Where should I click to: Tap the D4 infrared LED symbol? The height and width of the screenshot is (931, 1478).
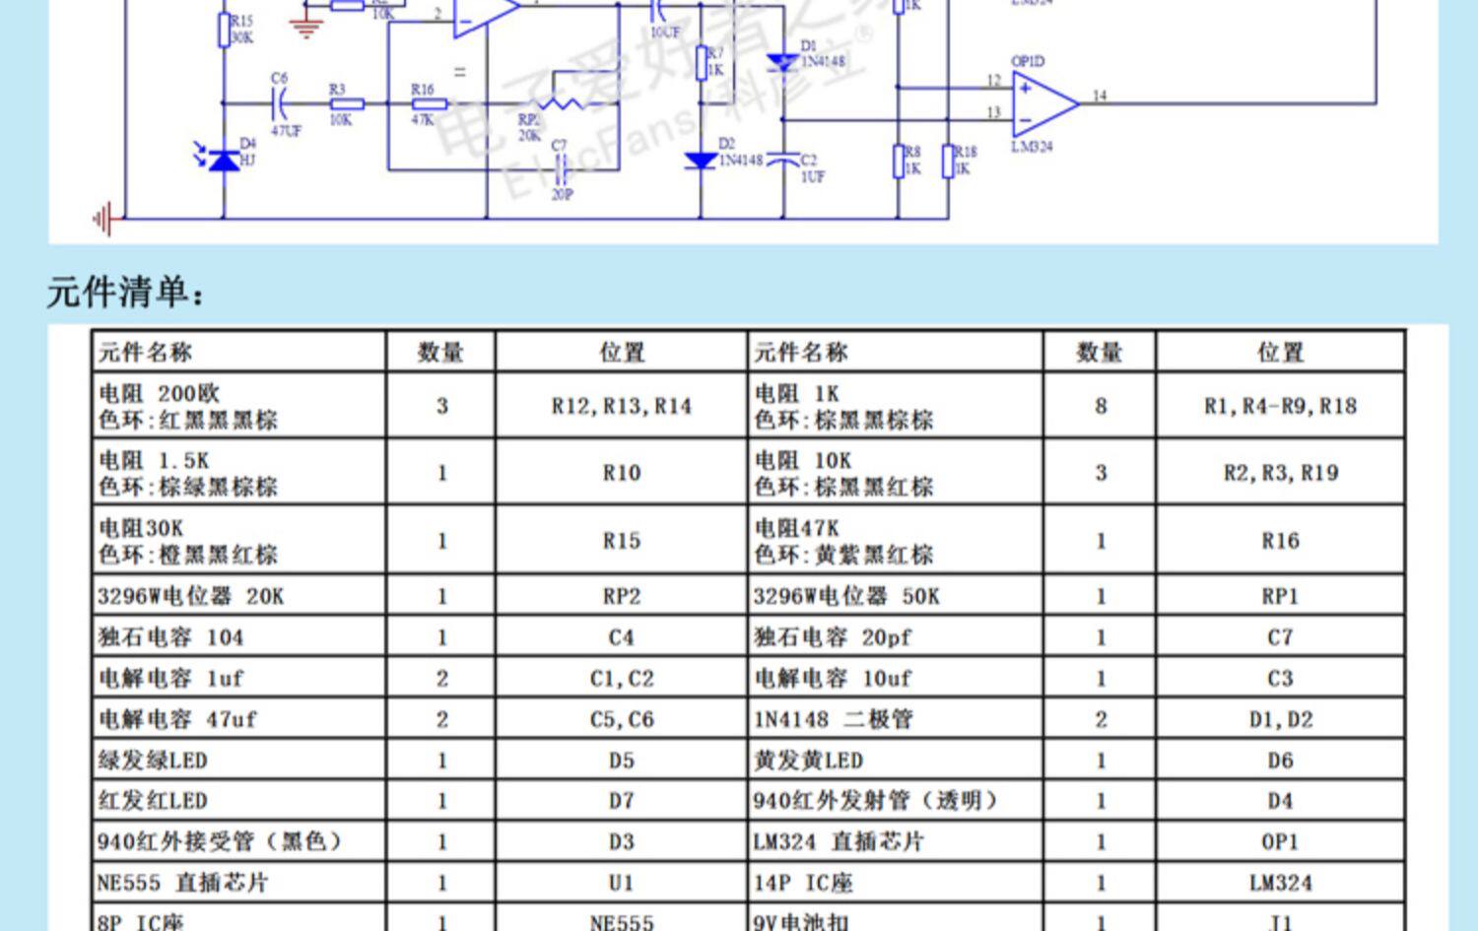point(225,159)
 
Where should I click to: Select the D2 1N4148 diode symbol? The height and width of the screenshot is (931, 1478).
point(701,160)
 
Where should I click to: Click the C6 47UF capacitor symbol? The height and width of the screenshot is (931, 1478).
point(280,102)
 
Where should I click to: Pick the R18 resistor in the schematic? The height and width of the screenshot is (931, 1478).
point(948,161)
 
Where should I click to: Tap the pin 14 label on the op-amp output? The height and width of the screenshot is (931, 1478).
point(1100,96)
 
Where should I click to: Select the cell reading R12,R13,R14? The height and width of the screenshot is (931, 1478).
point(621,406)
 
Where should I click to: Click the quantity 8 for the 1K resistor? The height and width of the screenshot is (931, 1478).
point(1101,406)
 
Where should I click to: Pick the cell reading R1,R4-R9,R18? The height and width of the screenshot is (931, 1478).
point(1280,406)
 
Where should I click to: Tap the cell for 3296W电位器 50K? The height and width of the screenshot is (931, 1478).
point(846,596)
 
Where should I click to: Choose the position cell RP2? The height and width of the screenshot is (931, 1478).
point(621,596)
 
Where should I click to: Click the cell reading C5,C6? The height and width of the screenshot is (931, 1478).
point(621,719)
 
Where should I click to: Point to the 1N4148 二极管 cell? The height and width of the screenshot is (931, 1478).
point(834,719)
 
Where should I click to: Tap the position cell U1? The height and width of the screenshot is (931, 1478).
point(621,883)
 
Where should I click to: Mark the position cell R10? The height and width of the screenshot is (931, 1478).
point(621,473)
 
